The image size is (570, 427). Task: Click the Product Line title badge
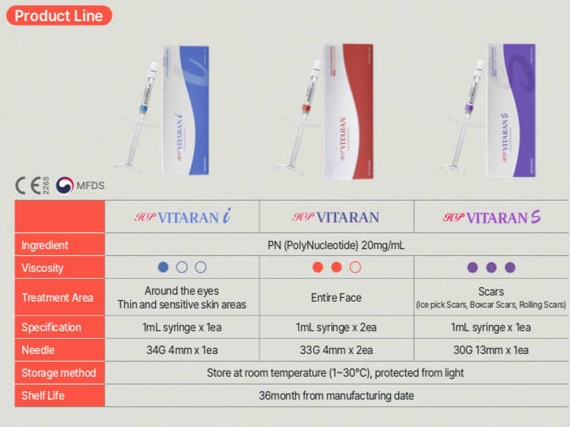click(59, 15)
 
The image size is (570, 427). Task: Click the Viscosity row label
click(43, 267)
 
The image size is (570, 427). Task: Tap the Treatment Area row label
click(57, 298)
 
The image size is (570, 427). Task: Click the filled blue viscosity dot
click(163, 267)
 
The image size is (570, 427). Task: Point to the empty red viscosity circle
click(355, 267)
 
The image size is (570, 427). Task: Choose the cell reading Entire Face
click(336, 298)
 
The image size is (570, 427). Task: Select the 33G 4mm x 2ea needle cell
click(336, 350)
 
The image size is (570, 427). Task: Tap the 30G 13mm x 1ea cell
click(491, 350)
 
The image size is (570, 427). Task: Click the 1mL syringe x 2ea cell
click(336, 327)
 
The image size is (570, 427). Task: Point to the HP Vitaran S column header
click(491, 218)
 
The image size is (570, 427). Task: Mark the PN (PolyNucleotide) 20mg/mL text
click(335, 245)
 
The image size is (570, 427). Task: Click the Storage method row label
click(59, 373)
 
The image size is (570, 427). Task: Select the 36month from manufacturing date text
click(336, 396)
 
